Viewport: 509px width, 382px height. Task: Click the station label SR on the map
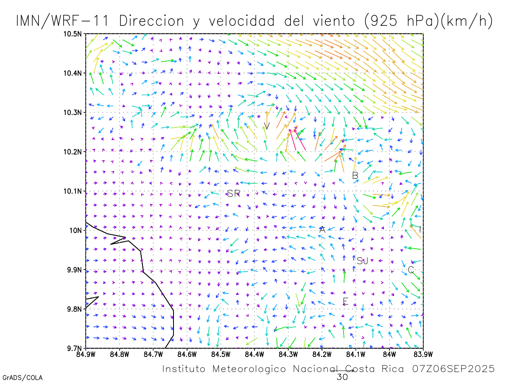click(233, 194)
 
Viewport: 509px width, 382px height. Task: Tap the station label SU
click(362, 261)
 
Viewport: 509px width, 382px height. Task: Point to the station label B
click(355, 175)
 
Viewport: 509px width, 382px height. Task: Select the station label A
click(322, 229)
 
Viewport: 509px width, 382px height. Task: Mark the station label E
click(345, 301)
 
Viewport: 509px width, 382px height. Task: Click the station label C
click(411, 270)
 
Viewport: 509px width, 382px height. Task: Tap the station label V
click(267, 126)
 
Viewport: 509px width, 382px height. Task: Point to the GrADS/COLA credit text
click(22, 377)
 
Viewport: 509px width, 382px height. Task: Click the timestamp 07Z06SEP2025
click(453, 369)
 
